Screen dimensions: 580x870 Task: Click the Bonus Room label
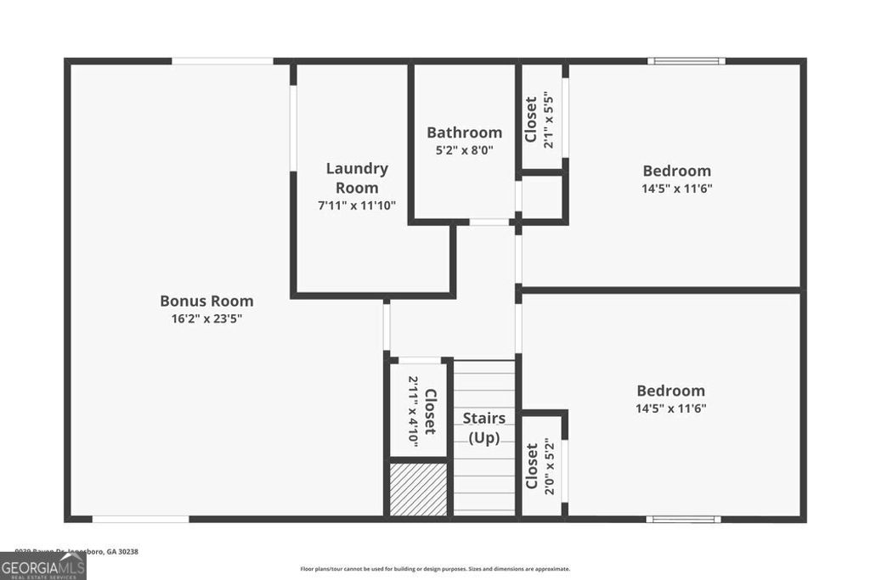[206, 301]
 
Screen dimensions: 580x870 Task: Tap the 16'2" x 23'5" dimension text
[206, 319]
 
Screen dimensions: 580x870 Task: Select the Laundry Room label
[357, 177]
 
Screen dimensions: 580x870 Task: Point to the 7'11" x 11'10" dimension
[357, 206]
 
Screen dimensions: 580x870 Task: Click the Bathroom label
[464, 132]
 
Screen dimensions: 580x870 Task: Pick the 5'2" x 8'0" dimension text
[464, 150]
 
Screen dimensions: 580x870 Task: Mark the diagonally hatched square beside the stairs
[418, 488]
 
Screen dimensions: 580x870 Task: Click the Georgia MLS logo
[42, 566]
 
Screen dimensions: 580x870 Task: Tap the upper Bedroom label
[676, 171]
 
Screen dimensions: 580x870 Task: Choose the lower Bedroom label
[671, 391]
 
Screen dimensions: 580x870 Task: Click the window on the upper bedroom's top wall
[686, 61]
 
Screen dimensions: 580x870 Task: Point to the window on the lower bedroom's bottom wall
[683, 519]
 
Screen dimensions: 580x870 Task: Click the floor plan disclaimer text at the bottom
[435, 569]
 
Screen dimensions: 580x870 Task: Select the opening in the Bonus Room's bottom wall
[140, 519]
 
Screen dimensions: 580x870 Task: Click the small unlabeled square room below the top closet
[542, 196]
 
